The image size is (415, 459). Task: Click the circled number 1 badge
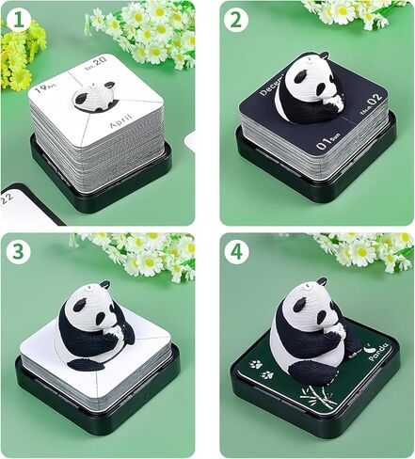click(18, 19)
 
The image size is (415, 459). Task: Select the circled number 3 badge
click(18, 252)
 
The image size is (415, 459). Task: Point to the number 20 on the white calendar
click(126, 84)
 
